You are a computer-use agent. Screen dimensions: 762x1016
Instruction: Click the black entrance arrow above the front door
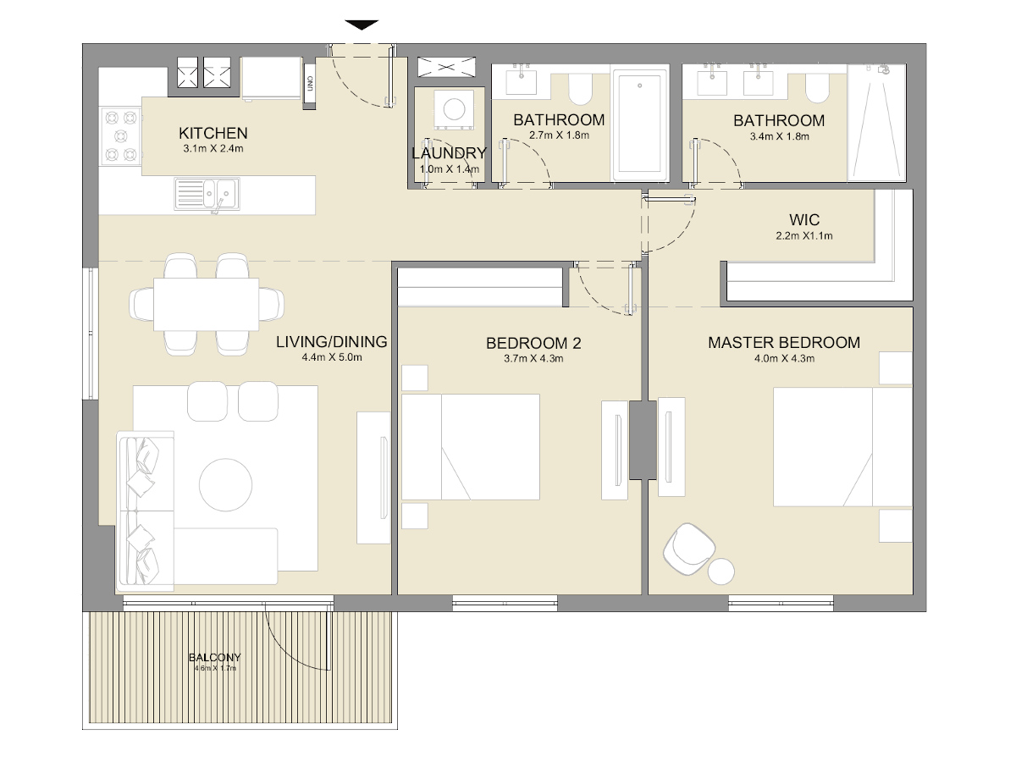click(362, 25)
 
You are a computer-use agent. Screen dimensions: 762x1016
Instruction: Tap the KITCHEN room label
click(213, 133)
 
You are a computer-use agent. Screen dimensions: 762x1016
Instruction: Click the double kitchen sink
click(207, 194)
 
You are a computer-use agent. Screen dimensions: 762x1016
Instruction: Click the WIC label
click(803, 220)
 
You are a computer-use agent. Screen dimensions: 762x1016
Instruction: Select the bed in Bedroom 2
click(471, 446)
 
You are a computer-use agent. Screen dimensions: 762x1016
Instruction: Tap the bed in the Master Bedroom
click(842, 447)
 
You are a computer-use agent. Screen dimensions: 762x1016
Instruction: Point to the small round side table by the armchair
click(722, 571)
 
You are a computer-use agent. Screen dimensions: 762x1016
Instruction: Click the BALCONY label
click(214, 657)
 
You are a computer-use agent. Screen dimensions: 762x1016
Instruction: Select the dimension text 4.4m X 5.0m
click(332, 358)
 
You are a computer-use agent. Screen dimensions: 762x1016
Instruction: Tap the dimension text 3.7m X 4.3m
click(533, 358)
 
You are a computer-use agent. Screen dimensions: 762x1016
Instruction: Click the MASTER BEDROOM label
click(784, 343)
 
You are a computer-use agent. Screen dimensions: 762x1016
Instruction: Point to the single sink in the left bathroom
click(521, 82)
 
